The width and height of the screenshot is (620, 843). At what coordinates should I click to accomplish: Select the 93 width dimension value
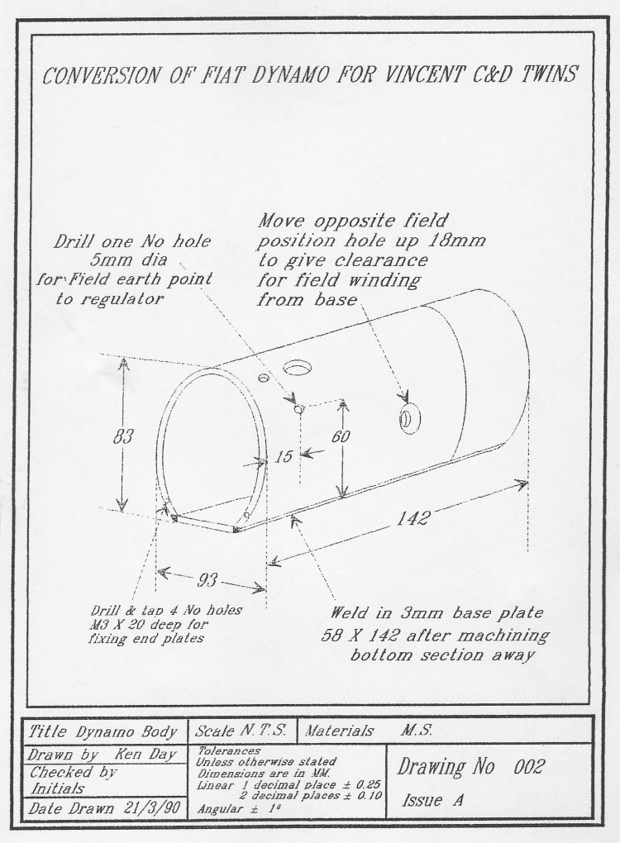click(209, 579)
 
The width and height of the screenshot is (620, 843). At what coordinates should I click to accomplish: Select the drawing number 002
click(527, 766)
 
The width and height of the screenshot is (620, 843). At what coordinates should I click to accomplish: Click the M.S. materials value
click(420, 731)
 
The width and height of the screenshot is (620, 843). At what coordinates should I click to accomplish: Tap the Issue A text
click(433, 800)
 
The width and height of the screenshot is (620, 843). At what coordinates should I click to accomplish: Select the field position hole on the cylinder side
click(408, 419)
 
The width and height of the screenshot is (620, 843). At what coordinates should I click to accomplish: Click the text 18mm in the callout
click(459, 241)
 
